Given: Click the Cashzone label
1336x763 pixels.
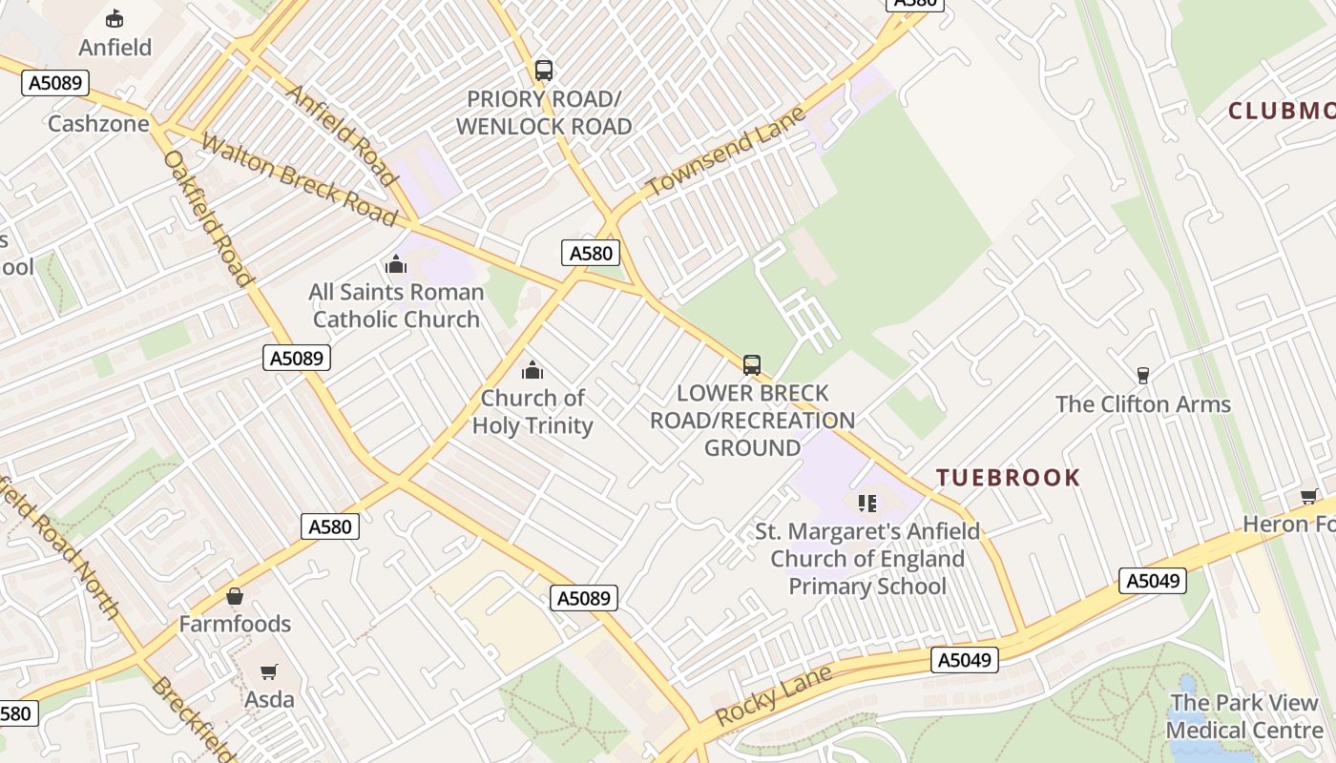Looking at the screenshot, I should [98, 124].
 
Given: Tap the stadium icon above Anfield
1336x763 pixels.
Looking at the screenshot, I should [115, 18].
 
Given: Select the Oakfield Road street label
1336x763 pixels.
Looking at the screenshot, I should [208, 218].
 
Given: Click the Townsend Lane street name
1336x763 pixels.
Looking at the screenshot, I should [725, 152].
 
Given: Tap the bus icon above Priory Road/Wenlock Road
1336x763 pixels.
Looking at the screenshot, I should [544, 70].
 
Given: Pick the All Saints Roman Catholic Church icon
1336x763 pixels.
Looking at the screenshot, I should [395, 264].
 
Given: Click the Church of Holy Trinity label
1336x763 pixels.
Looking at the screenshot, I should [532, 412].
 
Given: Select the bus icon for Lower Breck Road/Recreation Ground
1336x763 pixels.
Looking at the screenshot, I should [752, 365].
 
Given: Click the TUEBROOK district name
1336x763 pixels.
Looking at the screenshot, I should [1008, 478].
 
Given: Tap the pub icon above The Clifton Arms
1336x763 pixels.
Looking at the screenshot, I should [1142, 376].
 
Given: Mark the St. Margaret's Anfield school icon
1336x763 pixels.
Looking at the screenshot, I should [866, 503].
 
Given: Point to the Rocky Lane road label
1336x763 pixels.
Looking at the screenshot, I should [773, 696].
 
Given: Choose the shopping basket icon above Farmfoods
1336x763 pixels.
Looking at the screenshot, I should [235, 597].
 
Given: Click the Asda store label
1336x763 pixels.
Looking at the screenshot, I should [269, 699].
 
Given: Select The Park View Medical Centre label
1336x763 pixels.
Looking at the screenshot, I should [1243, 716].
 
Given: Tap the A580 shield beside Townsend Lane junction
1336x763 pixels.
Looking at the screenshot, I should [590, 253].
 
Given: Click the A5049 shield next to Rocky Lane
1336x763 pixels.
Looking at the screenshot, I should [965, 660].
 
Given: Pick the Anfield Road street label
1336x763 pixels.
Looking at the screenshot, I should [342, 134].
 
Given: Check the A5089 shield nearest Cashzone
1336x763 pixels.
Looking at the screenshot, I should [55, 83].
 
